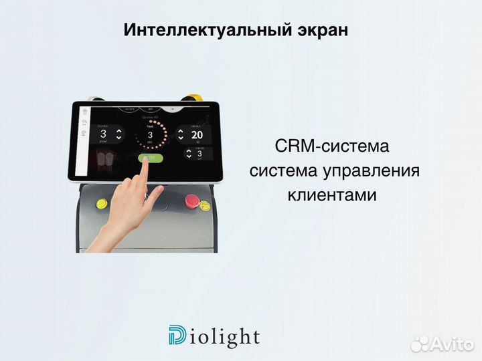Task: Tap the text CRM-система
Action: pos(331,146)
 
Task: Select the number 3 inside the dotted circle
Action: pos(150,135)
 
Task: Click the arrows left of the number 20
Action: pos(181,134)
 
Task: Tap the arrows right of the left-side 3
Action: pos(118,133)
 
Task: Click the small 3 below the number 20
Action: pos(201,154)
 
